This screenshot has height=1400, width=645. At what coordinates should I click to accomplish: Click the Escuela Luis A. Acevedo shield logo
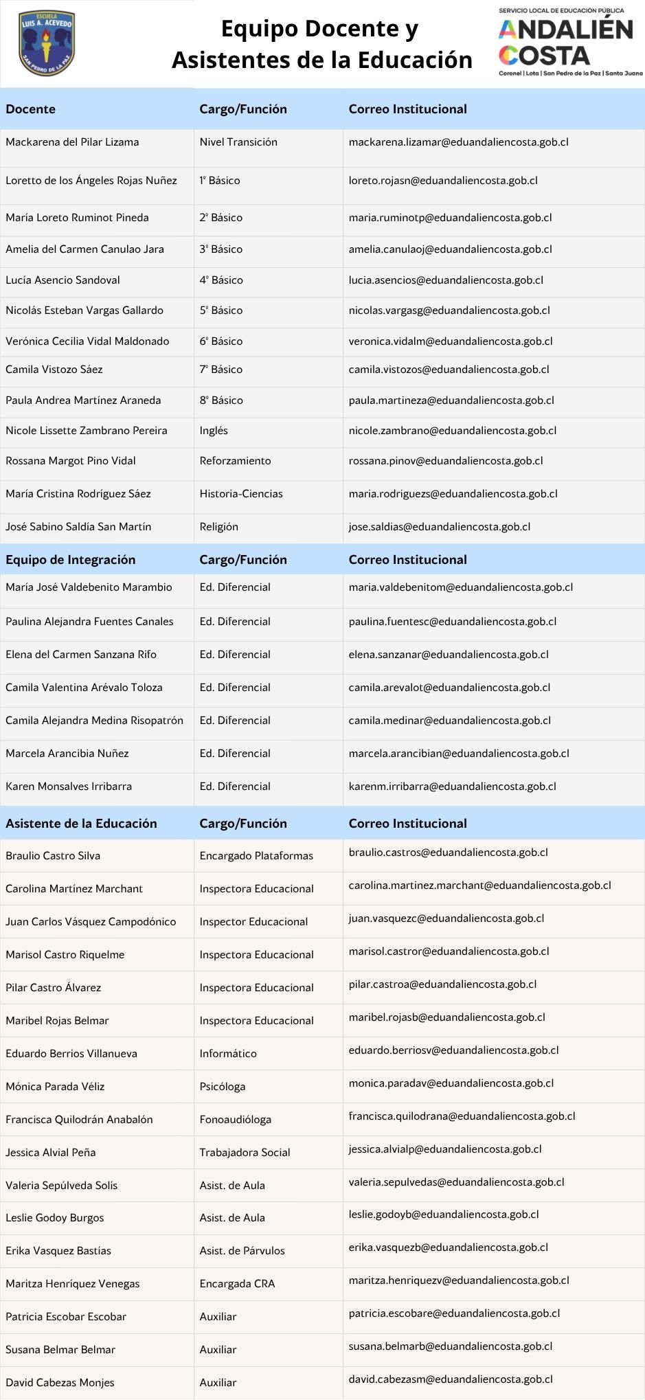(47, 43)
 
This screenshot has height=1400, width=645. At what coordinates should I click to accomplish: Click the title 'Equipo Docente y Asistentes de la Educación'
(321, 44)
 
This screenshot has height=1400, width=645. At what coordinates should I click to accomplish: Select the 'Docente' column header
(30, 109)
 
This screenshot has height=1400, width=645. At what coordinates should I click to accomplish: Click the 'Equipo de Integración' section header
(70, 560)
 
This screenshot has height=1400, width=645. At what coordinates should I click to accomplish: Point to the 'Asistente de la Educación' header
(81, 824)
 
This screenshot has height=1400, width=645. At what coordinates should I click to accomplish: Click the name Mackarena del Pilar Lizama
(72, 142)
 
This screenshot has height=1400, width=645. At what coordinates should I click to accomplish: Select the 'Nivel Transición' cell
(238, 142)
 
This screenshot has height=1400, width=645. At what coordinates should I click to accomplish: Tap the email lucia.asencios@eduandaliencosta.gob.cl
(446, 280)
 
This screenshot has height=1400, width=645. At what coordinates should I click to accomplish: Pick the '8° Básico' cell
(221, 400)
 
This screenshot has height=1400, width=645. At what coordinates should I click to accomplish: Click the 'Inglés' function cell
(214, 431)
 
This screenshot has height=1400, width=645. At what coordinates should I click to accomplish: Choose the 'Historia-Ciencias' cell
(241, 494)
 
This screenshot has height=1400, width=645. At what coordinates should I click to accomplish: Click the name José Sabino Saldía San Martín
(78, 527)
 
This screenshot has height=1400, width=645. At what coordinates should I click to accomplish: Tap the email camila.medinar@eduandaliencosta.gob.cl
(449, 721)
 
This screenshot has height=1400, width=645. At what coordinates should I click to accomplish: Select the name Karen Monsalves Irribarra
(69, 787)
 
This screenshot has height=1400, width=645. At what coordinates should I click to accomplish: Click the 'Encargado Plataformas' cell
(256, 856)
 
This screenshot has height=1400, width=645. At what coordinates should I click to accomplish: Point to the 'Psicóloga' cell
(223, 1087)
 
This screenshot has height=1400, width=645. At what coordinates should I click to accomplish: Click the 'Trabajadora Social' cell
(245, 1153)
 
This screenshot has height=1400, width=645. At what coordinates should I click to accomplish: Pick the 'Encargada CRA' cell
(237, 1284)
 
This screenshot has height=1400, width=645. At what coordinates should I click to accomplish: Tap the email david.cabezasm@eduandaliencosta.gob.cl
(450, 1379)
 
